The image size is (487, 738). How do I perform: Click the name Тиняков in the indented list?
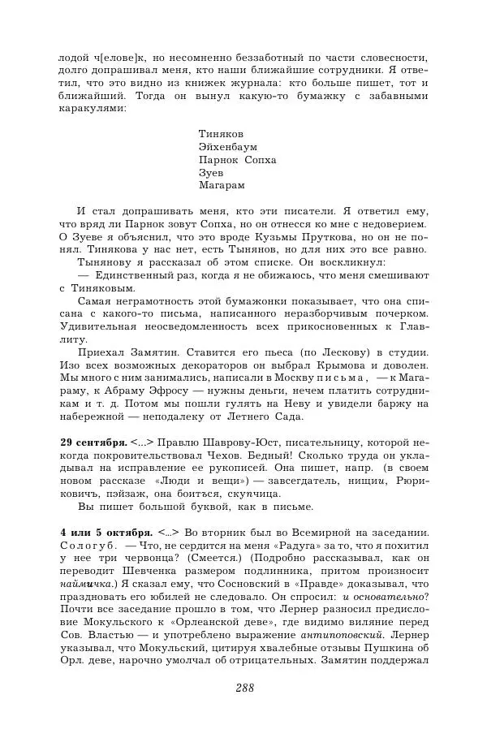(220, 133)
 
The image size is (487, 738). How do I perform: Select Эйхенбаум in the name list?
(227, 146)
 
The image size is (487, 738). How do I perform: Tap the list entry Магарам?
(221, 185)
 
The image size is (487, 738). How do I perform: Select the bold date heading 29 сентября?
(93, 442)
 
